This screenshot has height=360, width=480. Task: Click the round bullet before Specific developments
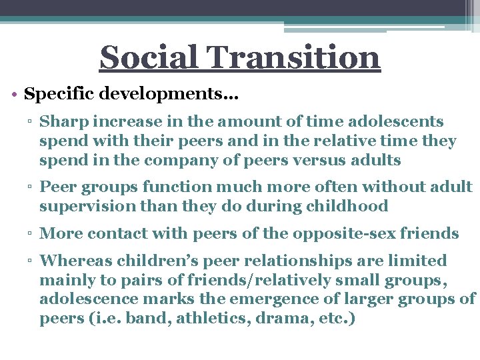pyautogui.click(x=15, y=94)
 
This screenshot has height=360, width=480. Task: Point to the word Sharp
pyautogui.click(x=60, y=122)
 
